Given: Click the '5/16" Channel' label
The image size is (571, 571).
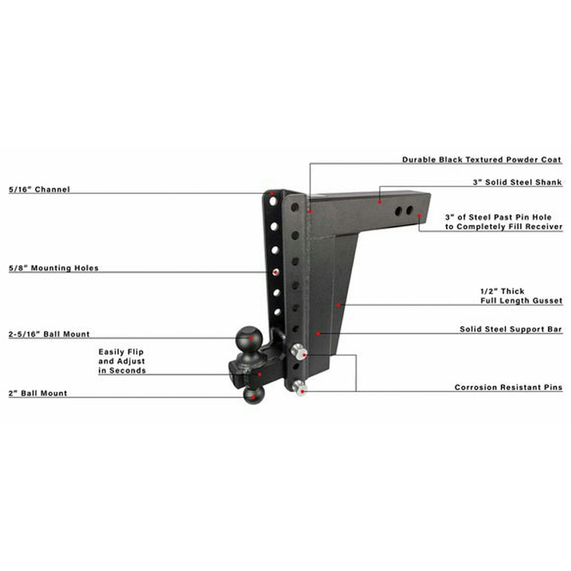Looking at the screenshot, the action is pyautogui.click(x=39, y=189).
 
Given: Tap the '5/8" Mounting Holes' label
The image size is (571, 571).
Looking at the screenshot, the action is pyautogui.click(x=54, y=268).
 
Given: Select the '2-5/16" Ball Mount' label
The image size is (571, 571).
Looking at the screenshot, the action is pyautogui.click(x=49, y=334).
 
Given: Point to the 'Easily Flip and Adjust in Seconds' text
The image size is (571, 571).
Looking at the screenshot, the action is pyautogui.click(x=122, y=361).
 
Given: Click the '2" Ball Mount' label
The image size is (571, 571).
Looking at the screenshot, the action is pyautogui.click(x=38, y=393).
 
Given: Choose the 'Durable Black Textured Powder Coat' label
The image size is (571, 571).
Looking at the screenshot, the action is pyautogui.click(x=481, y=160).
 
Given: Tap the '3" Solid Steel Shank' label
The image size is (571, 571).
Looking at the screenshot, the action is pyautogui.click(x=517, y=182).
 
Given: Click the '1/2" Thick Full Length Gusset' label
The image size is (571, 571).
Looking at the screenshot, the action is pyautogui.click(x=521, y=296).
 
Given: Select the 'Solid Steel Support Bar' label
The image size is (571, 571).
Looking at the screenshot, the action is pyautogui.click(x=510, y=329).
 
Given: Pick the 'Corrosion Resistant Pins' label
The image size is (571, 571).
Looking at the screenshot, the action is pyautogui.click(x=508, y=387).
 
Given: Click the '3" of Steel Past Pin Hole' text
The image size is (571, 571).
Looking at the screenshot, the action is pyautogui.click(x=498, y=217).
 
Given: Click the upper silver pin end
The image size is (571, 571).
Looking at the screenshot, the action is pyautogui.click(x=298, y=352).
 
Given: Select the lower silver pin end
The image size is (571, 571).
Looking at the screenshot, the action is pyautogui.click(x=299, y=389).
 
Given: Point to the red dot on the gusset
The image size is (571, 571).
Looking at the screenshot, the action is pyautogui.click(x=338, y=304).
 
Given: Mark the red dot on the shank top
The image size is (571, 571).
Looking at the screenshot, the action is pyautogui.click(x=379, y=202).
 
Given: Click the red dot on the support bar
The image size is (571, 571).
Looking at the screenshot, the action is pyautogui.click(x=318, y=333).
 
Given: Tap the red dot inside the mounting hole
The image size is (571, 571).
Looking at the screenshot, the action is pyautogui.click(x=276, y=272).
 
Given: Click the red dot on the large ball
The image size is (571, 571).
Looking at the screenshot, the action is pyautogui.click(x=251, y=338).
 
